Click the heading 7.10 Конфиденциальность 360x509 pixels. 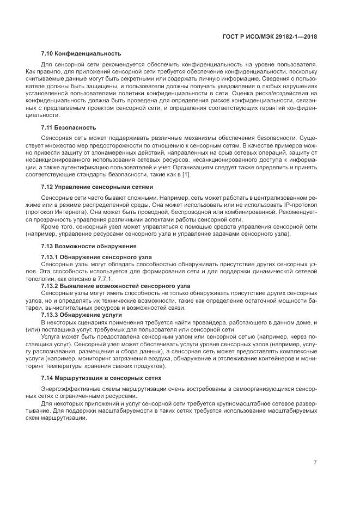point(81,53)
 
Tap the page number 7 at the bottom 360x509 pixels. point(315,462)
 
